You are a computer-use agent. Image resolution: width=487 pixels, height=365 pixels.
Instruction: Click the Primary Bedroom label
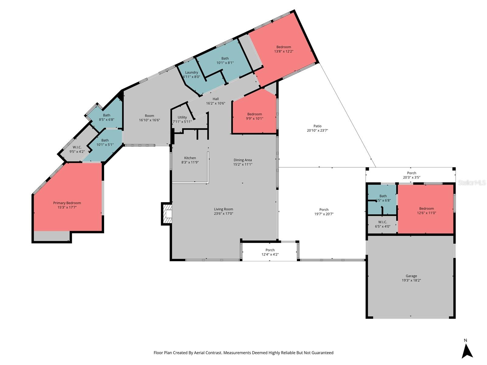[x=67, y=203]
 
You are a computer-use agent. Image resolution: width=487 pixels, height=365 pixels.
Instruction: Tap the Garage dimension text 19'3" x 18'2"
[x=411, y=280]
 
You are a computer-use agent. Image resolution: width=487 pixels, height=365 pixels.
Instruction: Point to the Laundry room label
[x=191, y=72]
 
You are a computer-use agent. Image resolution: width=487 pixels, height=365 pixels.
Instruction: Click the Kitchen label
[x=190, y=158]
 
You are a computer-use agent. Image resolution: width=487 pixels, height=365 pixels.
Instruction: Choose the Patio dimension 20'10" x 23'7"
[x=317, y=130]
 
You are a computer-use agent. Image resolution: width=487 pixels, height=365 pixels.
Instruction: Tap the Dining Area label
[x=243, y=160]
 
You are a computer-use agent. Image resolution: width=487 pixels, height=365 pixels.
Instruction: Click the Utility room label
[x=182, y=117]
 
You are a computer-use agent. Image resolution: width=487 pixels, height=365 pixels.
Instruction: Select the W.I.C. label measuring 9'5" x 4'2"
[x=77, y=147]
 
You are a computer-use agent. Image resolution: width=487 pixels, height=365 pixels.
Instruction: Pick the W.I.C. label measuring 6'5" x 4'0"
[x=383, y=222]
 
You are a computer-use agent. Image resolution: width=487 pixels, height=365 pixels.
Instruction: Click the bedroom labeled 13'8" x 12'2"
[x=284, y=47]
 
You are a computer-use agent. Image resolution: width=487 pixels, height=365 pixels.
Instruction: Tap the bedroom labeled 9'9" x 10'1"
[x=254, y=114]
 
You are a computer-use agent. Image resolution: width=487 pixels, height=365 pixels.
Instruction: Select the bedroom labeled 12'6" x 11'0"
[x=426, y=209]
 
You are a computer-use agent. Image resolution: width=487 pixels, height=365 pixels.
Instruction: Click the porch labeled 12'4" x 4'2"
[x=270, y=250]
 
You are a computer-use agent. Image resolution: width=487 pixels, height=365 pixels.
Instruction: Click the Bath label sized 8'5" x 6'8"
[x=107, y=115]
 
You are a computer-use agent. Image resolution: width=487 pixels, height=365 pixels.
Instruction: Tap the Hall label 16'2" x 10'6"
[x=215, y=99]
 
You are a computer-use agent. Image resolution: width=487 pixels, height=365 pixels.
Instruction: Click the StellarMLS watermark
[x=471, y=182]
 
